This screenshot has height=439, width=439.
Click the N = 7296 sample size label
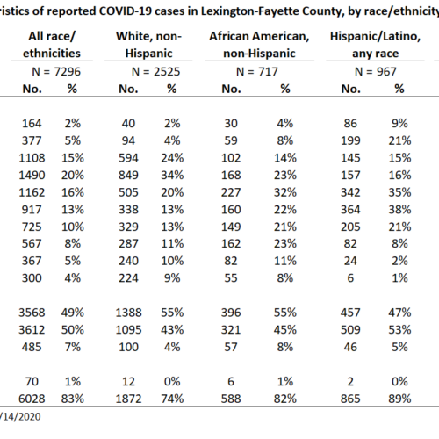click(56, 72)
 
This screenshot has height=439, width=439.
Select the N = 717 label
click(257, 72)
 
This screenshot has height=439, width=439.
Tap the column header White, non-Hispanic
click(148, 45)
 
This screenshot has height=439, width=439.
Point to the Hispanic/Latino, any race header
click(375, 45)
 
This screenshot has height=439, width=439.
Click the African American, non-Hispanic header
click(259, 45)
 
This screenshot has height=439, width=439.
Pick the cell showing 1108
click(32, 158)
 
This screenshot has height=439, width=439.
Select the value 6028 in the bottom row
click(32, 399)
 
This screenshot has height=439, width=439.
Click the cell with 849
click(128, 176)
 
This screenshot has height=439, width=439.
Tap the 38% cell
click(399, 210)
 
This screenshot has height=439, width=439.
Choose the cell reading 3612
click(32, 330)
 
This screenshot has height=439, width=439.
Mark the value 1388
click(128, 313)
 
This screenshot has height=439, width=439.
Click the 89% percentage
click(399, 399)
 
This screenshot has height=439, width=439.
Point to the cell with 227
click(231, 192)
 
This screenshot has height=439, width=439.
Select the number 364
click(350, 210)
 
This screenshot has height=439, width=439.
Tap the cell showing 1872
click(128, 399)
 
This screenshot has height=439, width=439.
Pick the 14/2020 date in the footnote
click(20, 416)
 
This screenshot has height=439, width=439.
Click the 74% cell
click(172, 399)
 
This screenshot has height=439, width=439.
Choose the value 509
click(350, 330)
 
